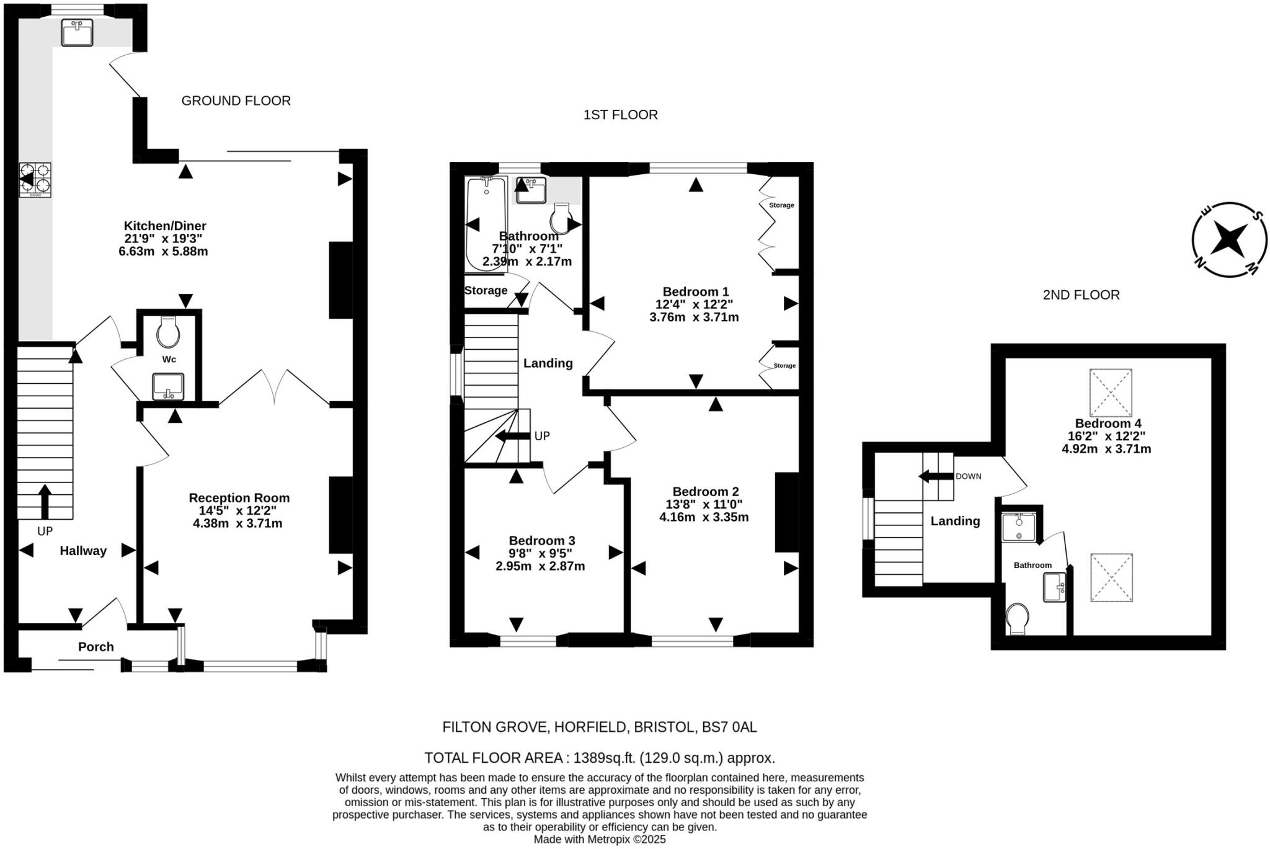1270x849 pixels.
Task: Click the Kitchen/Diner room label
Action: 164,226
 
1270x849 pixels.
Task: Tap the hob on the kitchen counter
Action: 35,180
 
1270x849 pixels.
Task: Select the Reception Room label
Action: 239,498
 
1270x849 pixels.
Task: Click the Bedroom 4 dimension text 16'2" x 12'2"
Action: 1106,436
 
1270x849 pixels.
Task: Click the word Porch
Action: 96,647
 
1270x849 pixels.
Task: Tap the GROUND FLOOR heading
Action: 236,100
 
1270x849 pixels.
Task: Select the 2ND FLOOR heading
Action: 1081,295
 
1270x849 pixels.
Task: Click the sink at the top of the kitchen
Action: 77,32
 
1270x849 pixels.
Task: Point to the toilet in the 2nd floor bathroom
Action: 1018,618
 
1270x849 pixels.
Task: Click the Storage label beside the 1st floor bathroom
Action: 486,290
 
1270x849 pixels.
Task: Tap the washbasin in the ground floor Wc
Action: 168,386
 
